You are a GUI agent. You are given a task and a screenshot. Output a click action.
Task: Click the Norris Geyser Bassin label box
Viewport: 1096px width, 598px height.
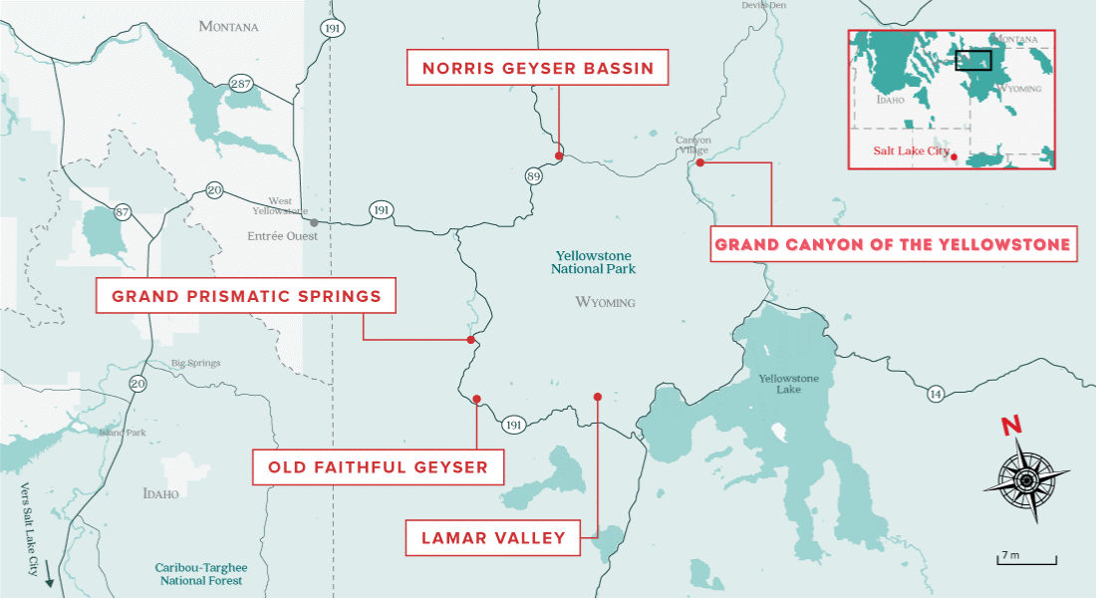pyautogui.click(x=538, y=69)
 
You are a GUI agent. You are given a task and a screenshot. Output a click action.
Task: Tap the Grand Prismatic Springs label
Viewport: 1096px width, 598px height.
pyautogui.click(x=246, y=296)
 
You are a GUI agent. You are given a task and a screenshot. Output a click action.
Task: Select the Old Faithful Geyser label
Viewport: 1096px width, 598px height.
pyautogui.click(x=377, y=466)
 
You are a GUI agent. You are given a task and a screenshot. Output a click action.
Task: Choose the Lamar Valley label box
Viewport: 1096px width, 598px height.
pyautogui.click(x=493, y=538)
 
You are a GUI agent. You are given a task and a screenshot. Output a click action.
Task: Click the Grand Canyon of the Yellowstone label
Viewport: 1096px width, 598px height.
pyautogui.click(x=894, y=244)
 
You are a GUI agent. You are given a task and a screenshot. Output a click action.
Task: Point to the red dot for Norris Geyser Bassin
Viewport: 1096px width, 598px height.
pyautogui.click(x=559, y=155)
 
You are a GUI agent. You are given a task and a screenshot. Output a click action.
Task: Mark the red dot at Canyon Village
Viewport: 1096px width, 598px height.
pyautogui.click(x=700, y=162)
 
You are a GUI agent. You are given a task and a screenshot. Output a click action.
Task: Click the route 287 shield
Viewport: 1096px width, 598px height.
pyautogui.click(x=240, y=85)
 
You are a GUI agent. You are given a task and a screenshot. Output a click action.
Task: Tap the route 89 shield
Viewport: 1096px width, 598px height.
pyautogui.click(x=534, y=176)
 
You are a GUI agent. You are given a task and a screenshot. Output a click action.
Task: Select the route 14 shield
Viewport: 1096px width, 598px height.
pyautogui.click(x=936, y=393)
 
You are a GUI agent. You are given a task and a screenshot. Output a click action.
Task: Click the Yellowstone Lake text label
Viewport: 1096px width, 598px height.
pyautogui.click(x=788, y=384)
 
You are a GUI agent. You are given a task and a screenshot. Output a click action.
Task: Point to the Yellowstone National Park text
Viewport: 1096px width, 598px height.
pyautogui.click(x=595, y=262)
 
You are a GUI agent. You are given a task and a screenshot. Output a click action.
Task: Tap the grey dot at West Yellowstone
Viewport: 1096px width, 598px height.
pyautogui.click(x=314, y=222)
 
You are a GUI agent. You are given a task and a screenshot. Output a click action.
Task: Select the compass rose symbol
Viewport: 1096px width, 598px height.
pyautogui.click(x=1026, y=480)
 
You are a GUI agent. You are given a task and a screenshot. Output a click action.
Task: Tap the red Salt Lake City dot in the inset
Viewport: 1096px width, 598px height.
pyautogui.click(x=954, y=156)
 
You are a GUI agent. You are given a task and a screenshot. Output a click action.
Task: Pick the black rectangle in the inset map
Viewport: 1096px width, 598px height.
pyautogui.click(x=973, y=60)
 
